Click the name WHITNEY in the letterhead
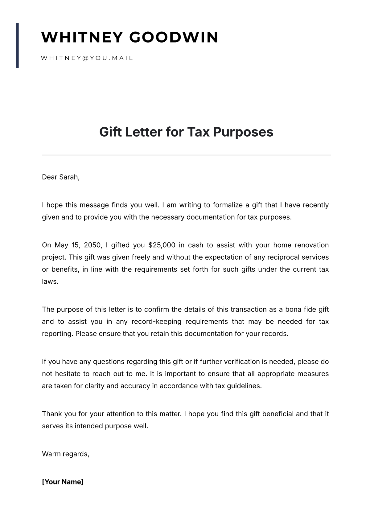pyautogui.click(x=82, y=37)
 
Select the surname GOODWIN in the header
pyautogui.click(x=174, y=37)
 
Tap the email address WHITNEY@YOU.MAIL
pyautogui.click(x=87, y=58)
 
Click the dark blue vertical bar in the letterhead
pyautogui.click(x=17, y=45)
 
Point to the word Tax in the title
pyautogui.click(x=198, y=132)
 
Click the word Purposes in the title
pyautogui.click(x=243, y=132)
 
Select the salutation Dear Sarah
pyautogui.click(x=61, y=177)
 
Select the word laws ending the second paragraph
pyautogui.click(x=50, y=281)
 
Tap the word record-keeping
pyautogui.click(x=156, y=322)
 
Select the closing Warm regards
pyautogui.click(x=65, y=454)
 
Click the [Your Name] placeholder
pyautogui.click(x=63, y=482)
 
